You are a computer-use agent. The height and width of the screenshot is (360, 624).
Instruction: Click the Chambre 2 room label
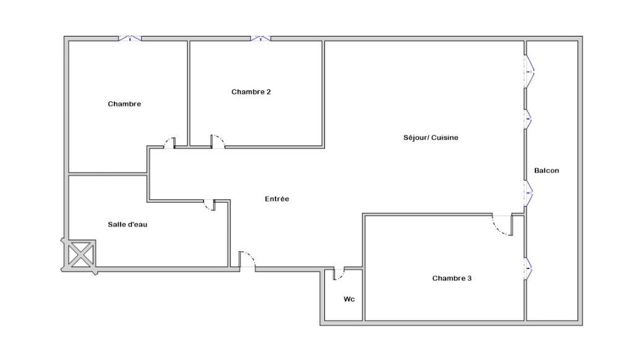coord(251,92)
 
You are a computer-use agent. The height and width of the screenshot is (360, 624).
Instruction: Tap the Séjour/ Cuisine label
coord(430,137)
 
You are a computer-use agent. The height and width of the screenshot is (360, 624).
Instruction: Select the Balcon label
coord(546,171)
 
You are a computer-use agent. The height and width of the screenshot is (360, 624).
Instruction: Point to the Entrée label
coord(277,199)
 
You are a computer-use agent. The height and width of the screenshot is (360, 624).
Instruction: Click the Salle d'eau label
coord(127,225)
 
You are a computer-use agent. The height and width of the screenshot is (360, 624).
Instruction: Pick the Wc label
coord(349,299)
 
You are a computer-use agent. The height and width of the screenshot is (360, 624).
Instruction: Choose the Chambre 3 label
coord(451,278)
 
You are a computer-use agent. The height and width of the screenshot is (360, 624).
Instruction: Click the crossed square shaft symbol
coord(80,254)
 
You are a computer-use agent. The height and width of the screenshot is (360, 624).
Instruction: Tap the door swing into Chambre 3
coord(503,226)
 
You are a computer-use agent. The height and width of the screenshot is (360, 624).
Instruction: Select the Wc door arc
coord(339,275)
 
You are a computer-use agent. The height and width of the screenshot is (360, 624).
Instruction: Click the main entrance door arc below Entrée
coord(247,259)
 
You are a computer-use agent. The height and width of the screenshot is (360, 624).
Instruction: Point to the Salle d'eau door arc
coord(209,206)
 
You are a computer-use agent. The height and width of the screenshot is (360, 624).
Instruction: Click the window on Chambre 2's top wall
coord(261,39)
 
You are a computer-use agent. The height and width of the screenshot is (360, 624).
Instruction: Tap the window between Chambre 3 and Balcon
coord(529,268)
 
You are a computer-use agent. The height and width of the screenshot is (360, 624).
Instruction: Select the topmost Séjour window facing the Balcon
coord(529,72)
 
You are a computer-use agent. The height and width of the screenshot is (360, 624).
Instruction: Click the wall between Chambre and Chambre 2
coord(188,93)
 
